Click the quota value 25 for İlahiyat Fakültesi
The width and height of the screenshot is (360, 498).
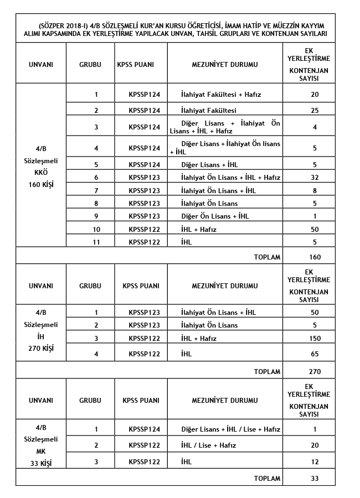coord(314,110)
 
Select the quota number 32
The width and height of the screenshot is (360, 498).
coord(314,177)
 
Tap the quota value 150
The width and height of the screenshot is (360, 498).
coord(314,338)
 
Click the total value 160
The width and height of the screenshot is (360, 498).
coord(314,257)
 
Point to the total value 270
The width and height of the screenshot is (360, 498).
coord(314,371)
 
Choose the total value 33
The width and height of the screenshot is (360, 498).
coord(314,479)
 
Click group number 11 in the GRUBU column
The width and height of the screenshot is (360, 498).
coord(96,241)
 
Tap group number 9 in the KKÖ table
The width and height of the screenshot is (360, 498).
coord(96,216)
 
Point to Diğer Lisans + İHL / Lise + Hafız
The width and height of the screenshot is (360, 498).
coord(230,429)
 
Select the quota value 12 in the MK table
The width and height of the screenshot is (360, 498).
coord(314,462)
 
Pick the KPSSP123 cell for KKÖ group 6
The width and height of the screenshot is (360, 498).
coord(144,177)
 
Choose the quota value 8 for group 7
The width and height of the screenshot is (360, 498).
coord(314,190)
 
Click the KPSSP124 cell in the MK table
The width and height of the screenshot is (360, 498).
coord(144,429)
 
